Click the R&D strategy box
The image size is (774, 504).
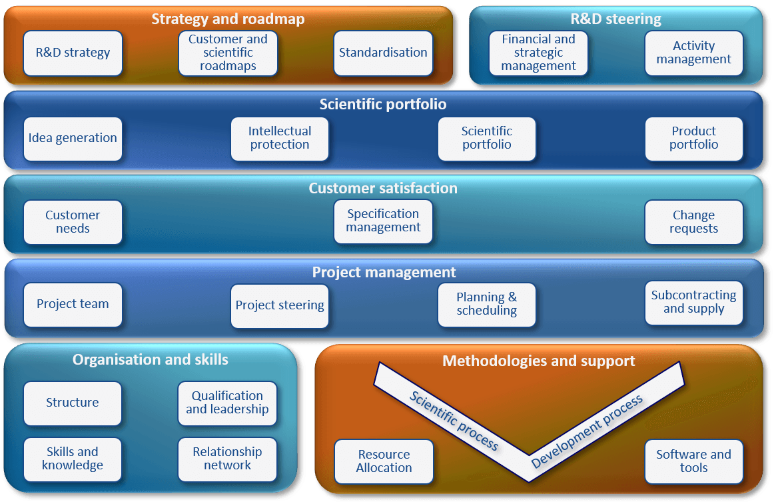click(73, 53)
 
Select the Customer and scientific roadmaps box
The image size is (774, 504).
click(228, 53)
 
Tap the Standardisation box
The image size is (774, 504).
click(383, 53)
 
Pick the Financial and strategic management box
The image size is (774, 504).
click(539, 53)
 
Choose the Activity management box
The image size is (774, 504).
click(694, 53)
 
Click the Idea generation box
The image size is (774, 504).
click(73, 139)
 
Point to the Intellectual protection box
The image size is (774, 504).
click(279, 139)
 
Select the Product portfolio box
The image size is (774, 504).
click(694, 139)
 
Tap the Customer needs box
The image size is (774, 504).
click(73, 222)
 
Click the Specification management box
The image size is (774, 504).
click(383, 221)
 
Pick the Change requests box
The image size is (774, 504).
click(694, 222)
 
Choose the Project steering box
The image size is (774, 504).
click(279, 306)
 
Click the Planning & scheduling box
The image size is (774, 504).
click(487, 305)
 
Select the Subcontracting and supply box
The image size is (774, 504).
click(694, 303)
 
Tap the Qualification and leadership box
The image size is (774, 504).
click(228, 403)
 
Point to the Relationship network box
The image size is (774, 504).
click(228, 459)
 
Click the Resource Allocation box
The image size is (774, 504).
click(384, 461)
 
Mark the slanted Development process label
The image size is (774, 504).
click(587, 431)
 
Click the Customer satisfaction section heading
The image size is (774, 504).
click(383, 188)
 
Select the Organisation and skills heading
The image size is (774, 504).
click(151, 360)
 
